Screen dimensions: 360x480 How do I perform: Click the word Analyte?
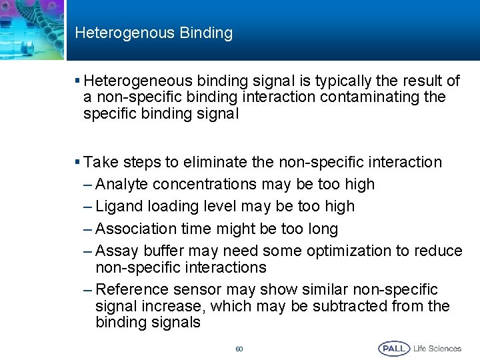coord(121,185)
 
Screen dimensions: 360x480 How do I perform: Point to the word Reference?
coord(131,290)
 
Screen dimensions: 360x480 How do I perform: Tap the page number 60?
coord(239,349)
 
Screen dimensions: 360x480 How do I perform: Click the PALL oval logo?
coord(394,348)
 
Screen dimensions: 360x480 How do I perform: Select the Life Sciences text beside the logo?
coord(437,348)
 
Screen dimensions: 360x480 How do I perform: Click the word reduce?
coord(439,251)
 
